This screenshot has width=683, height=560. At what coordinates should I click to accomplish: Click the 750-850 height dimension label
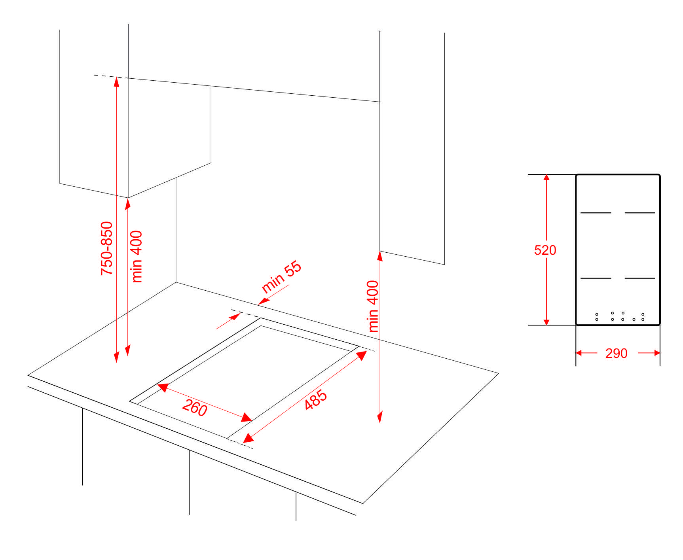coord(106,248)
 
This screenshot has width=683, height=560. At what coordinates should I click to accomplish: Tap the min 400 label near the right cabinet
coord(373,306)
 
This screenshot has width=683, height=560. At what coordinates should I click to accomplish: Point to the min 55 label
coord(282,276)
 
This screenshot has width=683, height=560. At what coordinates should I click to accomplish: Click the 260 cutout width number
coord(195,408)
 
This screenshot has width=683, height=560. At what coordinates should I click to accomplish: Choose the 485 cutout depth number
coord(316,399)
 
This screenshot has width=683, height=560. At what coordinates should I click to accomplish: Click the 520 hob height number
coord(545,250)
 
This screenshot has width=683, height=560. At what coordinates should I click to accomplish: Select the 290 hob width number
coord(616,353)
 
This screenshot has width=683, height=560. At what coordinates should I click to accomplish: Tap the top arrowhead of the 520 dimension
coord(546,178)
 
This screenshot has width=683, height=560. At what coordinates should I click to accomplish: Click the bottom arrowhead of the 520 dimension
coord(546,322)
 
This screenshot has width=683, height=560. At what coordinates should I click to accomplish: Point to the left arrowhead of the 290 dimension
coord(579,353)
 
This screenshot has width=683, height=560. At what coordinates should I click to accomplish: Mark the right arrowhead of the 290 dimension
coord(656,353)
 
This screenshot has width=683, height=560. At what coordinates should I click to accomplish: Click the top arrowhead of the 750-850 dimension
coord(116,81)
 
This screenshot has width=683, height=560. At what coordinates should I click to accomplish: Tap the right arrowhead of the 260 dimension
coord(247,418)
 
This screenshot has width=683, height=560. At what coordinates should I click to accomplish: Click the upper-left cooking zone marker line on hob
coord(596,213)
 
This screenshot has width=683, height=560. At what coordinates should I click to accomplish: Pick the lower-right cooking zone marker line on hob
coord(640,278)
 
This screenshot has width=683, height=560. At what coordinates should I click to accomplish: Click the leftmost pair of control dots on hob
coord(597,317)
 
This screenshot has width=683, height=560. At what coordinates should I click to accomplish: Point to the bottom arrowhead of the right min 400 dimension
coord(380,417)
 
